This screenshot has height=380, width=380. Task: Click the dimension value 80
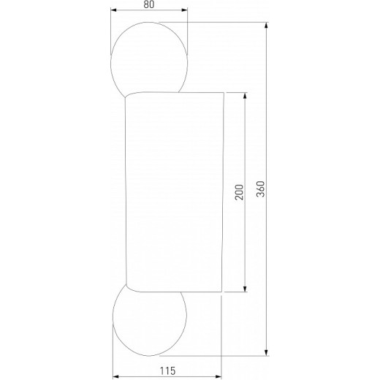149,4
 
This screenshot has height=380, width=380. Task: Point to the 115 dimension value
167,373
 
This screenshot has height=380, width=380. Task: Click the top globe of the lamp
149,58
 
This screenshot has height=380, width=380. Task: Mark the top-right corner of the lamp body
222,93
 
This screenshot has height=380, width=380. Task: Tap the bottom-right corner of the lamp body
222,293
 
